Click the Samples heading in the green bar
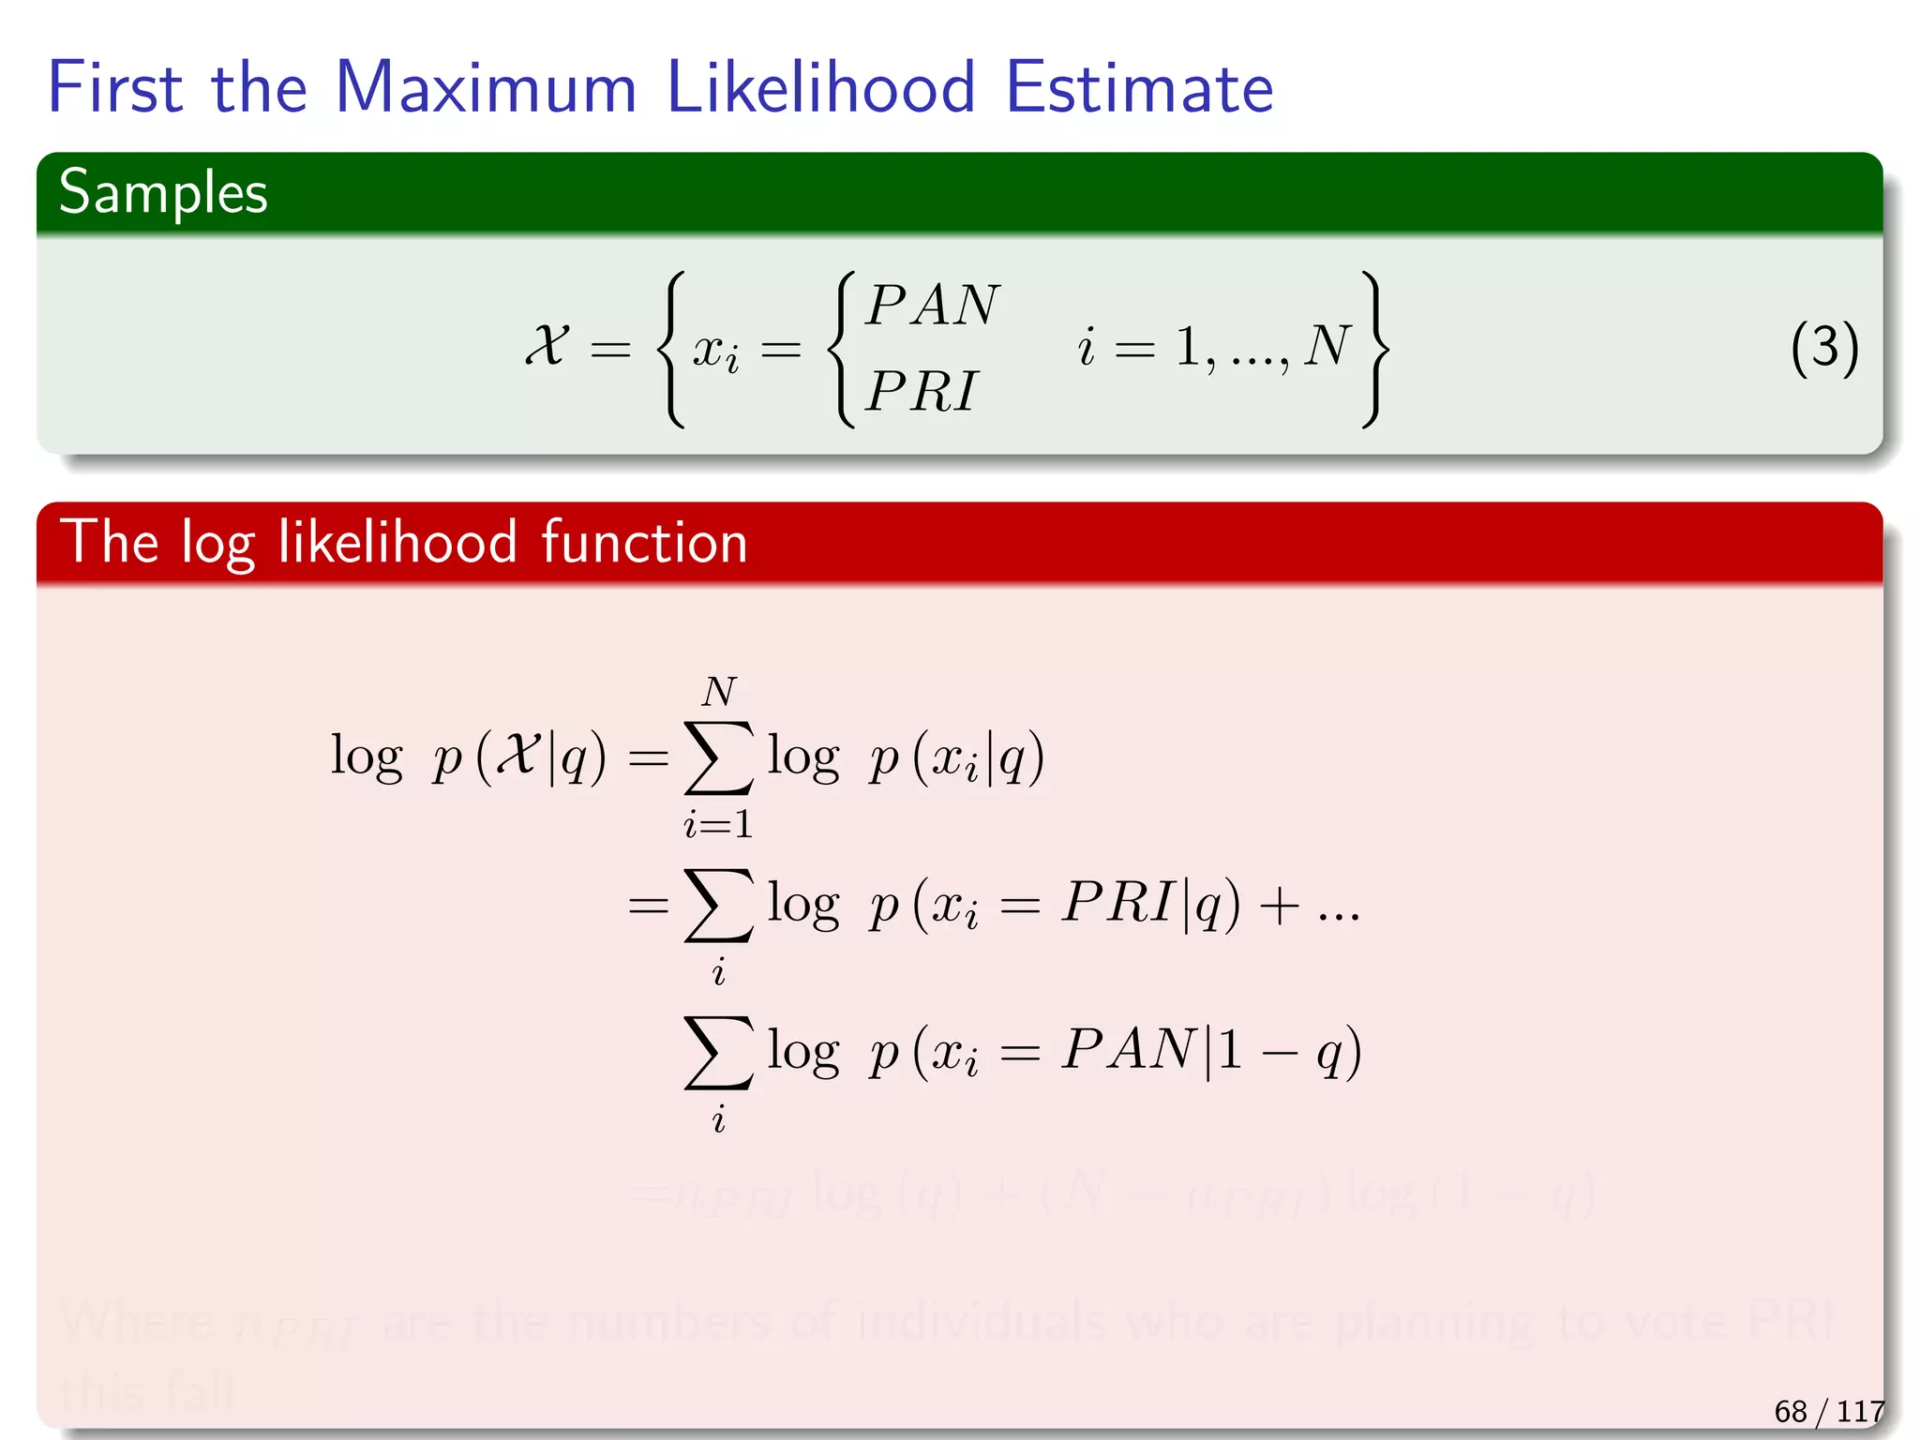click(x=163, y=193)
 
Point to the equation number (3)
click(x=1823, y=348)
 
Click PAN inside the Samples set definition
click(x=933, y=305)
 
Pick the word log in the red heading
click(x=217, y=543)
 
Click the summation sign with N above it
click(x=718, y=757)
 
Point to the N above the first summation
click(x=719, y=692)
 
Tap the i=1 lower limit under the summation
click(x=718, y=824)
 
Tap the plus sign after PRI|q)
click(x=1280, y=906)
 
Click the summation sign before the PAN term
click(x=718, y=1052)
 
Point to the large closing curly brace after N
click(x=1374, y=348)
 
